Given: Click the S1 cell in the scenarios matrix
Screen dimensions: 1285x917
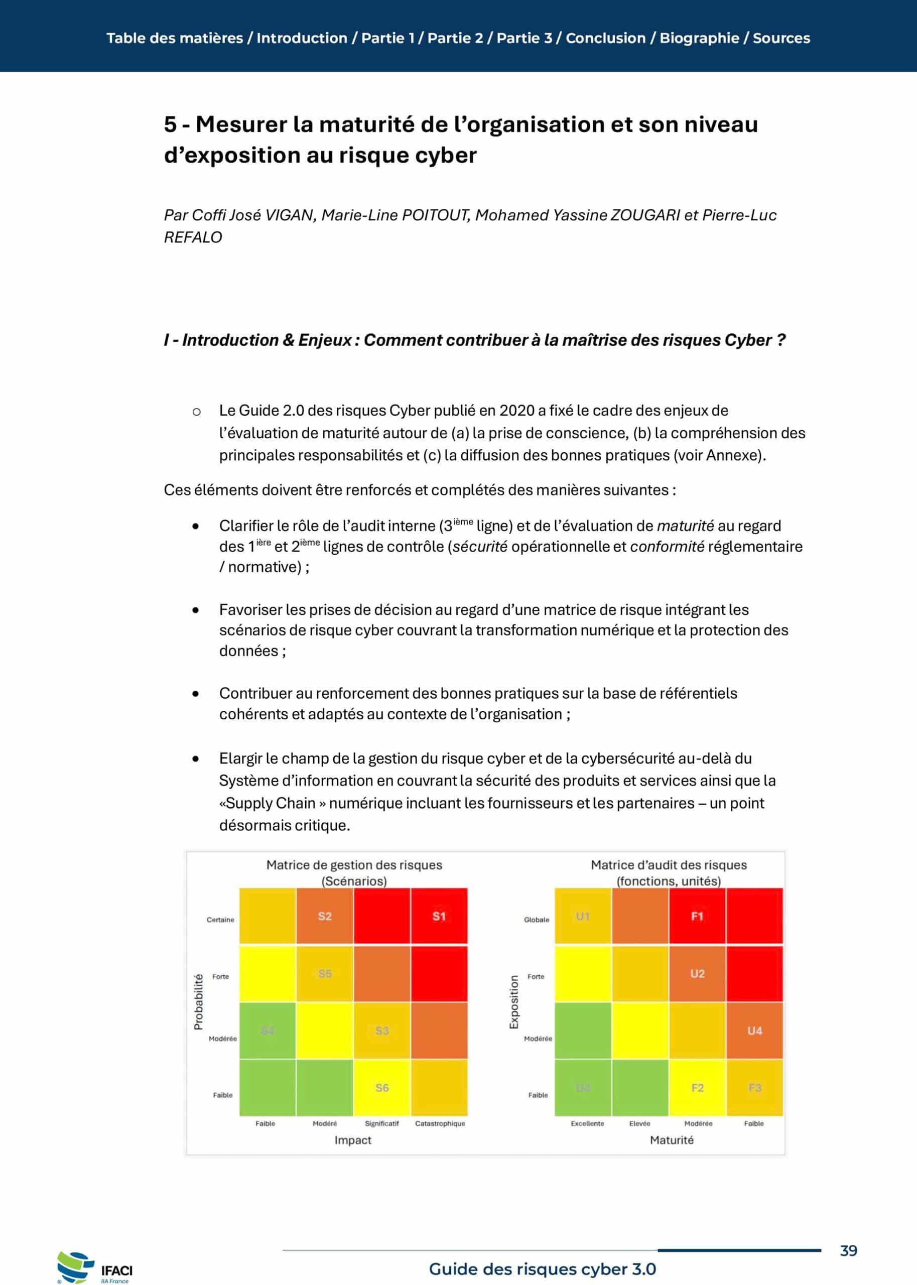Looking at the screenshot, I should coord(439,916).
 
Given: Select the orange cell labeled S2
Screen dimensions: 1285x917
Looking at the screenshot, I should coord(325,916).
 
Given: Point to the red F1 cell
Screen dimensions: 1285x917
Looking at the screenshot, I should coord(697,916).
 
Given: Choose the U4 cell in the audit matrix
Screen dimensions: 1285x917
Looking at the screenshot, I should coord(754,1031).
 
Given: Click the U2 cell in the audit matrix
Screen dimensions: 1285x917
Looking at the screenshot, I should coord(697,973).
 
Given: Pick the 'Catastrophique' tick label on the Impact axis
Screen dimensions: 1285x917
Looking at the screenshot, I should coord(440,1123).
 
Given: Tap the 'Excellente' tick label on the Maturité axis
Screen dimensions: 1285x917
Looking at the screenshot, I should coord(587,1123).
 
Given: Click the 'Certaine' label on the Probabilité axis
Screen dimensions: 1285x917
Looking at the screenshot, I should coord(220,919).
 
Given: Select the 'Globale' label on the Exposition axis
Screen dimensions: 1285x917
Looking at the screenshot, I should coord(536,919).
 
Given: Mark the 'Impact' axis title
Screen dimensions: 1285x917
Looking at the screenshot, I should coord(352,1139).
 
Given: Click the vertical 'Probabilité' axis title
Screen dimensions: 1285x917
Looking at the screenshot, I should coord(198,1001).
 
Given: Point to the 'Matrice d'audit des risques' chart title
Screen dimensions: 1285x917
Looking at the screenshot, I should coord(668,864).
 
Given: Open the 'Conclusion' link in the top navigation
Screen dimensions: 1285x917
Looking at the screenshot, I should coord(605,38).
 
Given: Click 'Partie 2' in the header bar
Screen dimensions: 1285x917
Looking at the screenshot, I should coord(455,38).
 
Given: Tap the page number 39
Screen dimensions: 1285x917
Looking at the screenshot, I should coord(848,1250).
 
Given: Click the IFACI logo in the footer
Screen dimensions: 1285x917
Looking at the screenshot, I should coord(95,1268).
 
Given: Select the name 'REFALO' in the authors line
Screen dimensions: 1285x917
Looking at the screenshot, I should coord(193,237).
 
